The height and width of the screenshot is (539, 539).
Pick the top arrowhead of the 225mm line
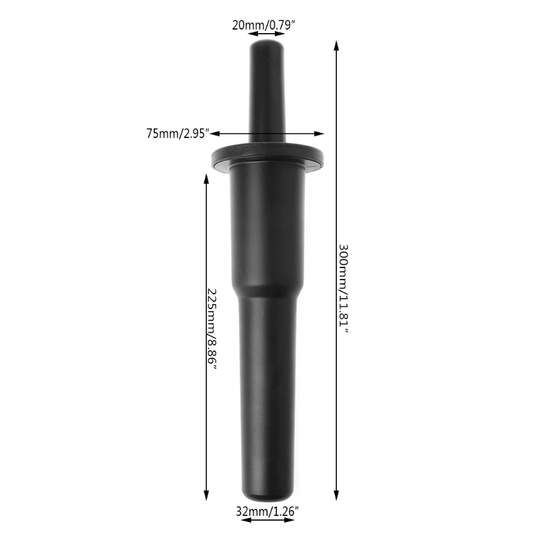click(205, 174)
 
